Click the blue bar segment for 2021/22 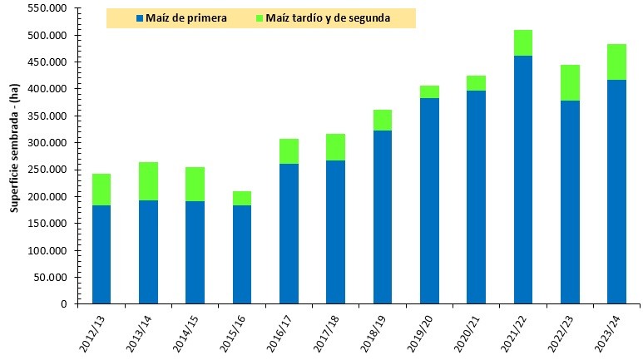pyautogui.click(x=522, y=179)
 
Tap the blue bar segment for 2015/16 pyautogui.click(x=242, y=254)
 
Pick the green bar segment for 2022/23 pyautogui.click(x=570, y=82)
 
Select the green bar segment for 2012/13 pyautogui.click(x=101, y=190)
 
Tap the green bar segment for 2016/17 pyautogui.click(x=289, y=151)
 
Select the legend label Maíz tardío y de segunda pyautogui.click(x=329, y=17)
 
